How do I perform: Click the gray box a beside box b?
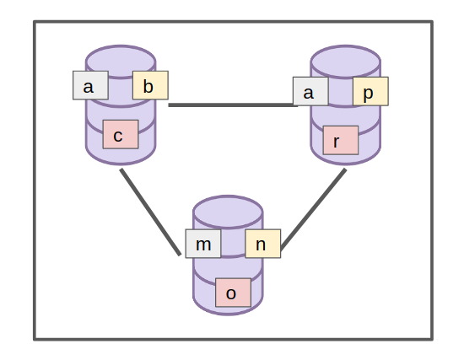click(x=90, y=85)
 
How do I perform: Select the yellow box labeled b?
click(x=150, y=85)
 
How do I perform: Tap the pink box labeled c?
click(x=121, y=134)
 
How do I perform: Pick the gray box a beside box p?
click(x=310, y=91)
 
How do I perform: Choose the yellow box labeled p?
click(x=370, y=91)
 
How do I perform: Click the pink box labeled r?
click(x=341, y=140)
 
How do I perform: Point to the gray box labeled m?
click(x=203, y=244)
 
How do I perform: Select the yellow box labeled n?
click(x=263, y=244)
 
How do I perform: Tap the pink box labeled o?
click(x=233, y=293)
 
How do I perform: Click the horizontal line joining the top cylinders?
click(x=233, y=105)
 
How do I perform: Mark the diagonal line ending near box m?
click(x=150, y=212)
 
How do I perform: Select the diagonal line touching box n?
click(x=313, y=209)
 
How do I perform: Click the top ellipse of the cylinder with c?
click(x=121, y=62)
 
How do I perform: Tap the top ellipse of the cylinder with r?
click(x=345, y=62)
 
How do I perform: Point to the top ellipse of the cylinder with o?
click(x=228, y=212)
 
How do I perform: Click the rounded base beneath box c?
click(x=121, y=156)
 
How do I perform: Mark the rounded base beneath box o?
click(x=228, y=310)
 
